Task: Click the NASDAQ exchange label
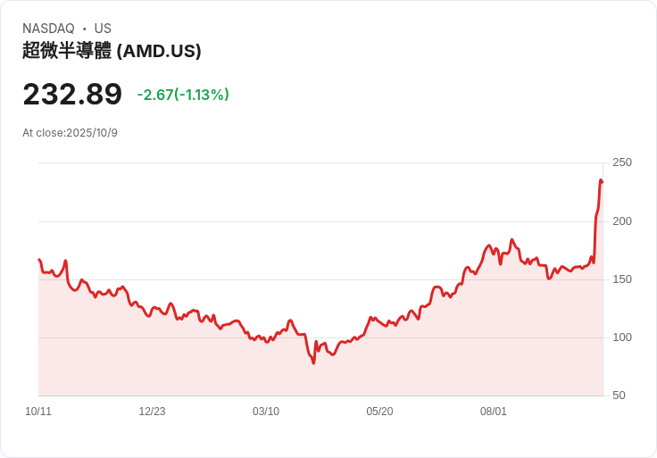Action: pyautogui.click(x=48, y=29)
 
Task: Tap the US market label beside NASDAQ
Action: pyautogui.click(x=103, y=29)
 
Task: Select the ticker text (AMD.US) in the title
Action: pyautogui.click(x=159, y=51)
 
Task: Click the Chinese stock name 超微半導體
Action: pyautogui.click(x=67, y=51)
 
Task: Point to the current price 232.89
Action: pyautogui.click(x=72, y=95)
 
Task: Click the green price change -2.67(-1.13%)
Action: pyautogui.click(x=183, y=95)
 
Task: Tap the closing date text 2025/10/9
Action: pyautogui.click(x=92, y=133)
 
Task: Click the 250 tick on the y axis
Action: pyautogui.click(x=621, y=162)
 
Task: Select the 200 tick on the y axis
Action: pyautogui.click(x=621, y=221)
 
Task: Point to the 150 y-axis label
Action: pyautogui.click(x=621, y=279)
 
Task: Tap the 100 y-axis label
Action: pyautogui.click(x=621, y=337)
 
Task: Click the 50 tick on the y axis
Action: pyautogui.click(x=619, y=396)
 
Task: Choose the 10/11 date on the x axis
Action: pyautogui.click(x=38, y=412)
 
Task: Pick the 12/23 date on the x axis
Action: pyautogui.click(x=152, y=412)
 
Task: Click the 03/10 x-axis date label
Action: pyautogui.click(x=266, y=412)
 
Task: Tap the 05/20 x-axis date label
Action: pyautogui.click(x=379, y=412)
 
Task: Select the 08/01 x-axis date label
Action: pyautogui.click(x=494, y=412)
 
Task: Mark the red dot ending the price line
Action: pyautogui.click(x=602, y=182)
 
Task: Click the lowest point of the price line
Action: pyautogui.click(x=313, y=362)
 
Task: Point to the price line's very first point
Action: pyautogui.click(x=38, y=259)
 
